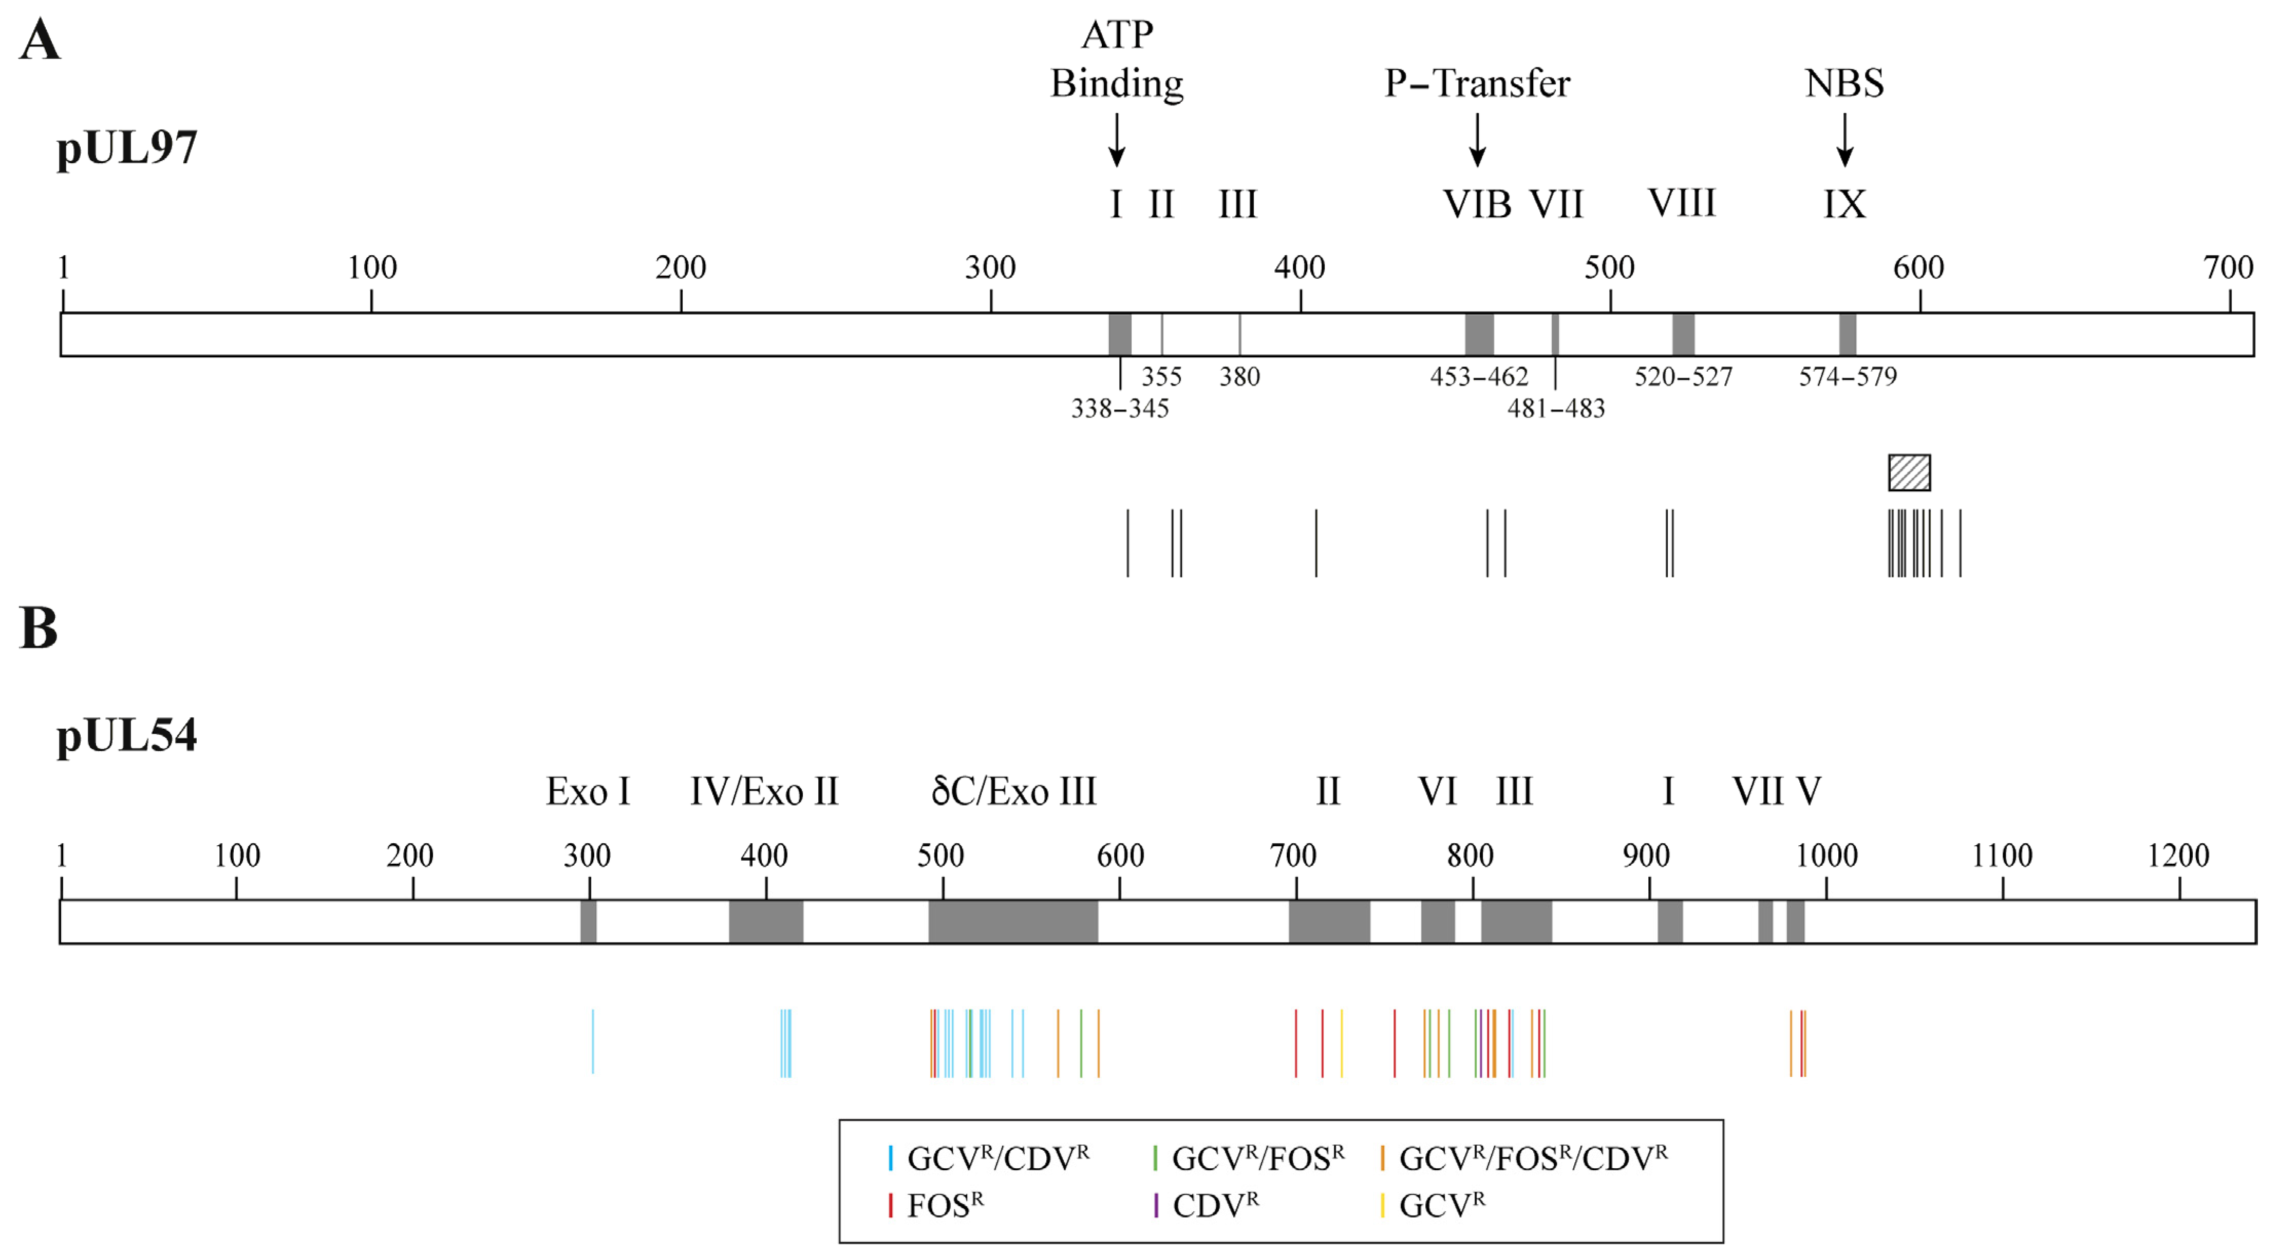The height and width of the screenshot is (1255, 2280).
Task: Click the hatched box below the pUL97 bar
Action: pyautogui.click(x=1909, y=472)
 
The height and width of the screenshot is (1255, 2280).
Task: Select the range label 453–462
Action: pyautogui.click(x=1479, y=377)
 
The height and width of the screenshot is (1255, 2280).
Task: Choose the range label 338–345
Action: pyautogui.click(x=1120, y=409)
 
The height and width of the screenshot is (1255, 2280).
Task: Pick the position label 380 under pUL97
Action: pyautogui.click(x=1239, y=377)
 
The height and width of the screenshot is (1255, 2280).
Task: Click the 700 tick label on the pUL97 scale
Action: pyautogui.click(x=2227, y=268)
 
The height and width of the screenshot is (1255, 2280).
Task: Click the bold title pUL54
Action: pyautogui.click(x=126, y=735)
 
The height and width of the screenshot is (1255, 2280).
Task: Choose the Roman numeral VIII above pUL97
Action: pyautogui.click(x=1681, y=203)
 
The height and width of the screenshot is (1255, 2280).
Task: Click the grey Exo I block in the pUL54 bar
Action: pyautogui.click(x=589, y=921)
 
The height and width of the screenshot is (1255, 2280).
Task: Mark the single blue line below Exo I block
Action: pyautogui.click(x=593, y=1042)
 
